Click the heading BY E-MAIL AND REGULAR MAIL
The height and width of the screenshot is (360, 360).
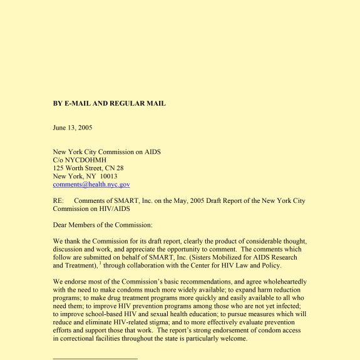click(109, 103)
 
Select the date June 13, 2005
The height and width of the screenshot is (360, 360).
click(72, 128)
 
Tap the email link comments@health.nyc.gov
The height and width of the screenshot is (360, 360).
click(91, 185)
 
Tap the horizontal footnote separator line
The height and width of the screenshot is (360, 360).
click(95, 359)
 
